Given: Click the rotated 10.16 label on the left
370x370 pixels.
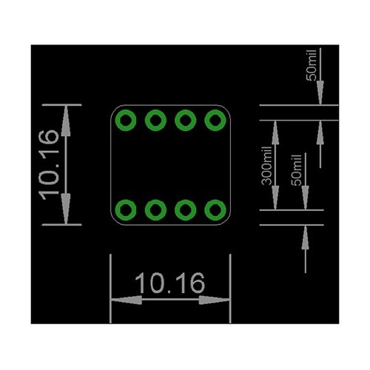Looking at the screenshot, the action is pos(49,165).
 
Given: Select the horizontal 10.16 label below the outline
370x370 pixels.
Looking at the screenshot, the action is pos(170,283).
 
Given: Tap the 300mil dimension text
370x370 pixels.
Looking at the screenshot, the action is pos(266,166).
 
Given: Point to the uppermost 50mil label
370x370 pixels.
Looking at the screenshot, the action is pos(311,65).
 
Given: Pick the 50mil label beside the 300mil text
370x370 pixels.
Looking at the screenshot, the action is pos(297,170).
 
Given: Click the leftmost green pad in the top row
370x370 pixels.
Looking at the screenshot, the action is pos(126,121).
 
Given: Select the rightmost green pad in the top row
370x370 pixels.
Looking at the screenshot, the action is pos(215,121).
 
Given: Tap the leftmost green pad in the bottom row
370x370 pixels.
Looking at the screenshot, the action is pos(126,210).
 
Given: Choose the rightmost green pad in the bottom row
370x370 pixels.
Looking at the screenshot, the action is pos(215,210).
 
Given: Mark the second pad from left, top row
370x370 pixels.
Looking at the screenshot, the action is pos(155,121).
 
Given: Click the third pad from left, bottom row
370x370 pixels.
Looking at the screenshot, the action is pos(186,210).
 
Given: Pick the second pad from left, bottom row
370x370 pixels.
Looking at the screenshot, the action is pos(155,210).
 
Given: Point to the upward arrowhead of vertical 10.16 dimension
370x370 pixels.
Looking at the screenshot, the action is pos(66,121).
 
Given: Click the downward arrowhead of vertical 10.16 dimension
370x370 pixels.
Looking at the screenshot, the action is pos(66,209).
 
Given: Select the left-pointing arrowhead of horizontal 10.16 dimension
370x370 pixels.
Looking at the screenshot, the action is pos(127,300).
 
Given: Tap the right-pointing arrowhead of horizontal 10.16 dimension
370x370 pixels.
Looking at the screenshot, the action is pos(215,300).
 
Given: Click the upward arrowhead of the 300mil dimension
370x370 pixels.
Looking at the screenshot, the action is pos(275,132).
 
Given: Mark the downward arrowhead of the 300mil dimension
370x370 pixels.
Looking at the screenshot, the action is pos(275,198).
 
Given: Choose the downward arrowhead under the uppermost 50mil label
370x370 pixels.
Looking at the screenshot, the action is pos(320,93).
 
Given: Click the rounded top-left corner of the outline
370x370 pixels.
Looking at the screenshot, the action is pos(114,109).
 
